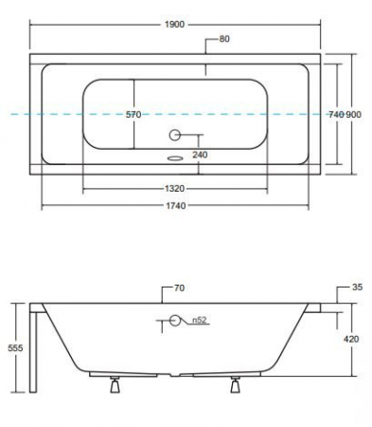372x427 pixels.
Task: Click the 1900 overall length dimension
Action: [x=174, y=25]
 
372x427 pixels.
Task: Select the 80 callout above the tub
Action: [x=224, y=39]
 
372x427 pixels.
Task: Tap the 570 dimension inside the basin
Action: [x=133, y=115]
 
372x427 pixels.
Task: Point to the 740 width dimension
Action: [x=336, y=115]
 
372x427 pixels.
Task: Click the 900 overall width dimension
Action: [x=353, y=115]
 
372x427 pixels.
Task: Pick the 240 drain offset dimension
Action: [x=200, y=155]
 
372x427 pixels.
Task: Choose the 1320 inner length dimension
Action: [x=174, y=189]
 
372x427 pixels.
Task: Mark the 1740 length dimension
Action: [x=176, y=206]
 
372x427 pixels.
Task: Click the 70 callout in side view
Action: [x=179, y=288]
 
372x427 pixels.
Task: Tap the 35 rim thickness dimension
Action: [x=358, y=288]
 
